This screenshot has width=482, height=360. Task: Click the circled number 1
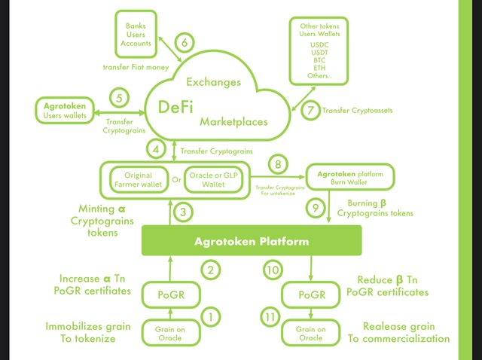(212, 317)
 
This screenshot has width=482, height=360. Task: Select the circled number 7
(308, 110)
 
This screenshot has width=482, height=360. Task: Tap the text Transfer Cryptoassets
(358, 111)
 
